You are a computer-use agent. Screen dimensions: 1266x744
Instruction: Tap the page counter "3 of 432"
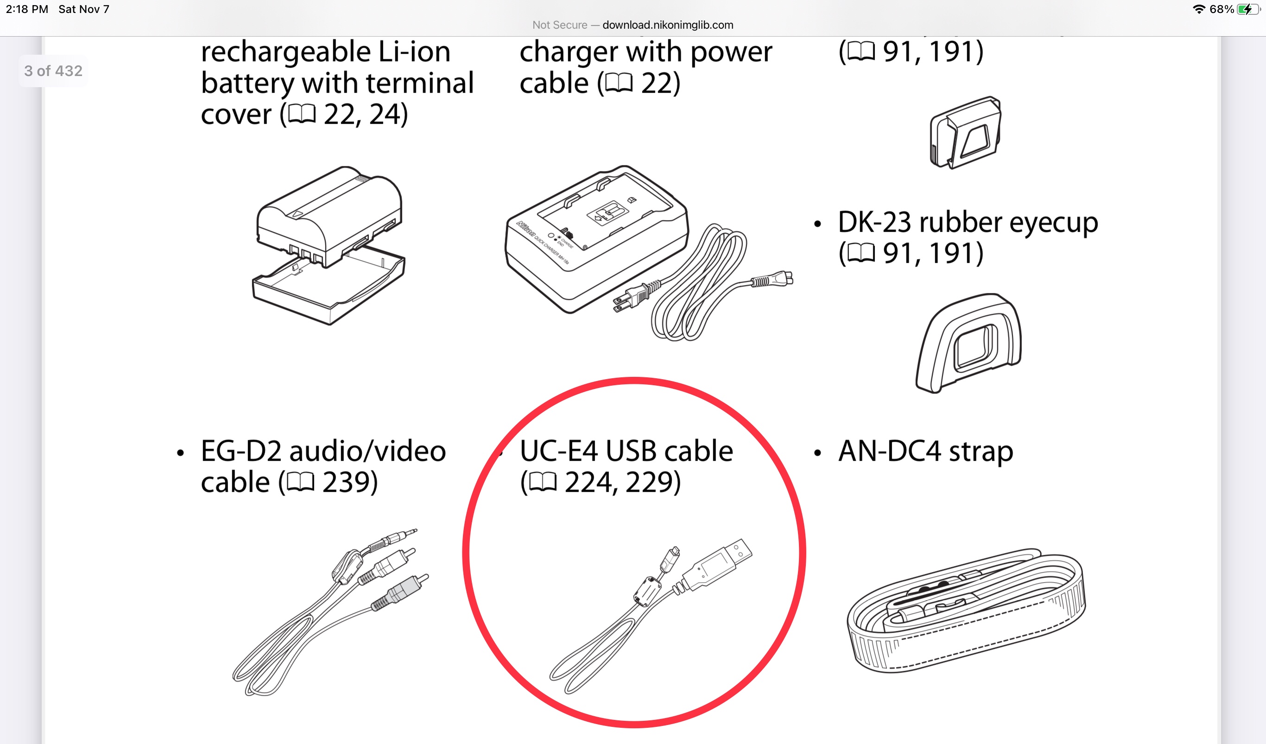pos(53,71)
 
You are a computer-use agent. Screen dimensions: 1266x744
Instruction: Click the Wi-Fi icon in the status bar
pos(1199,9)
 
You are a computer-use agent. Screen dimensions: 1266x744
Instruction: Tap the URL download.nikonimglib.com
pos(668,25)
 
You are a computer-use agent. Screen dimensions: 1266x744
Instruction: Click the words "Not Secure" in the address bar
pos(560,25)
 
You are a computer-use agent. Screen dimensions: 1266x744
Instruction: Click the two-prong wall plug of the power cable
pos(635,297)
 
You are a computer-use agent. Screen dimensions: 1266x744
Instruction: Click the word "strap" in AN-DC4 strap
pos(981,451)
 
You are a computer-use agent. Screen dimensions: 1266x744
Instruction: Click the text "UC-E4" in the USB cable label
pos(559,451)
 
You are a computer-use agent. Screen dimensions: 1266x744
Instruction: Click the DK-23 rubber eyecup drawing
pos(968,343)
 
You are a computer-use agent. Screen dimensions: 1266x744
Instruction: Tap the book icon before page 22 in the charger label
pos(619,83)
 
